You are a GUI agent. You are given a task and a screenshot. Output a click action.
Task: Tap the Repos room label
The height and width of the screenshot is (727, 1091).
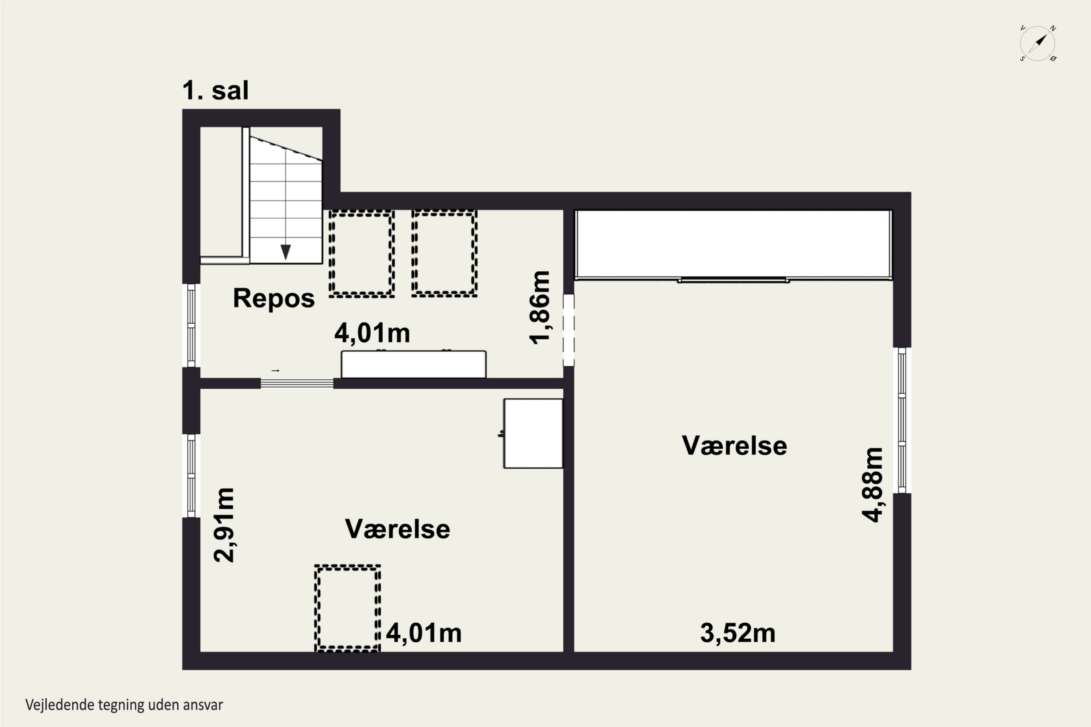coord(274,298)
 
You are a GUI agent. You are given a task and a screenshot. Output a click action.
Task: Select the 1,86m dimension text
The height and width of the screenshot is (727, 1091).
coord(540,308)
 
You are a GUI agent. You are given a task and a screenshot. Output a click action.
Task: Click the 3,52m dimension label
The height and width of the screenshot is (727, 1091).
coord(738,633)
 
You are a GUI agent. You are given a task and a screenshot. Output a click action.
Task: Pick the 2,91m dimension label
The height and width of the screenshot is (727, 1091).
coord(224,525)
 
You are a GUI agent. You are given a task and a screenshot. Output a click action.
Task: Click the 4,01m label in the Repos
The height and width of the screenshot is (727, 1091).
coord(372,333)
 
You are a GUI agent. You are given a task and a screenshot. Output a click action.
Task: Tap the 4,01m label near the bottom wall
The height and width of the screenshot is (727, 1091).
coord(424,633)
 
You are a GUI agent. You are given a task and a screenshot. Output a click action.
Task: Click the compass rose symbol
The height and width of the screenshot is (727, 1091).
coord(1038,44)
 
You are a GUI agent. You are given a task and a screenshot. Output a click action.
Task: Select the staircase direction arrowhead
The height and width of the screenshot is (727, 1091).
coord(286,252)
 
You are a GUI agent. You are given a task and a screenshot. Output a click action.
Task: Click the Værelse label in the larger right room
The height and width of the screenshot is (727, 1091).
coord(734,446)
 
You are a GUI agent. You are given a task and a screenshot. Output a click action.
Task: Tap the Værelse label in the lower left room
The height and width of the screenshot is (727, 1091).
coord(397,529)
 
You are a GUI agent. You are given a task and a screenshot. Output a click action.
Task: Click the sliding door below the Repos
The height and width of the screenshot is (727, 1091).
coord(297,383)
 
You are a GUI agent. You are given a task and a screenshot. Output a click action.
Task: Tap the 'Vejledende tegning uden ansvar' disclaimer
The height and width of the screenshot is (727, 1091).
coord(124,705)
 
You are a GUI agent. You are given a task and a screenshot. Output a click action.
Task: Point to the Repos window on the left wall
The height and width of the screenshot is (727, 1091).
coord(191,325)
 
